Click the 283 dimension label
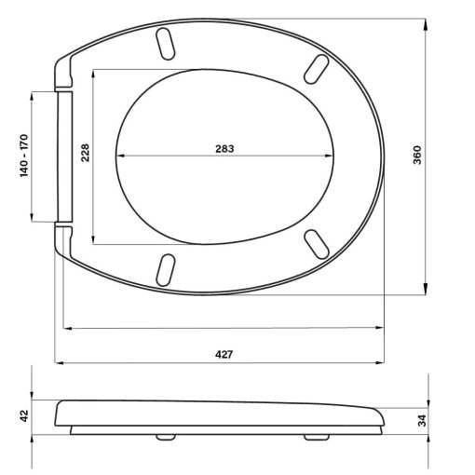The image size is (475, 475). click(x=224, y=149)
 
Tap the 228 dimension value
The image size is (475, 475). click(x=85, y=153)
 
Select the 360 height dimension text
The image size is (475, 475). click(x=417, y=155)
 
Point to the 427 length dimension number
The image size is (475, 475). click(x=224, y=354)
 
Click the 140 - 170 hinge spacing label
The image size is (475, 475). click(x=24, y=156)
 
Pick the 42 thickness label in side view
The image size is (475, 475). click(x=24, y=416)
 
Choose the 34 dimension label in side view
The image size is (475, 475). click(x=422, y=421)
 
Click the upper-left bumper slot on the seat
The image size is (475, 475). click(x=165, y=44)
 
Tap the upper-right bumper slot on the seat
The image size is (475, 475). click(x=316, y=69)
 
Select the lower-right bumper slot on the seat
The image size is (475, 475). click(x=317, y=244)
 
